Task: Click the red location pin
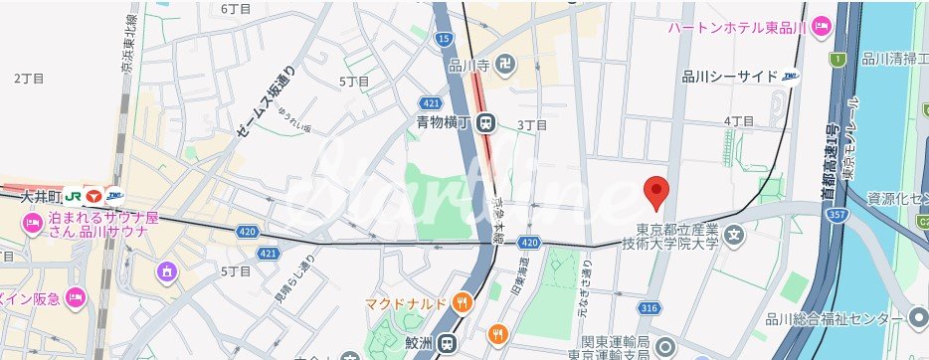(x=655, y=191)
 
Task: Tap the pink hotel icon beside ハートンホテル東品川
(x=821, y=26)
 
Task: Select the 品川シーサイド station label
(x=731, y=75)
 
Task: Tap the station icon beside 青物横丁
(x=485, y=123)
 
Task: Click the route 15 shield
(x=444, y=38)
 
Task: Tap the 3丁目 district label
(x=533, y=125)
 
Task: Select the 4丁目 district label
(x=739, y=120)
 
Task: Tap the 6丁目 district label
(x=236, y=9)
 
